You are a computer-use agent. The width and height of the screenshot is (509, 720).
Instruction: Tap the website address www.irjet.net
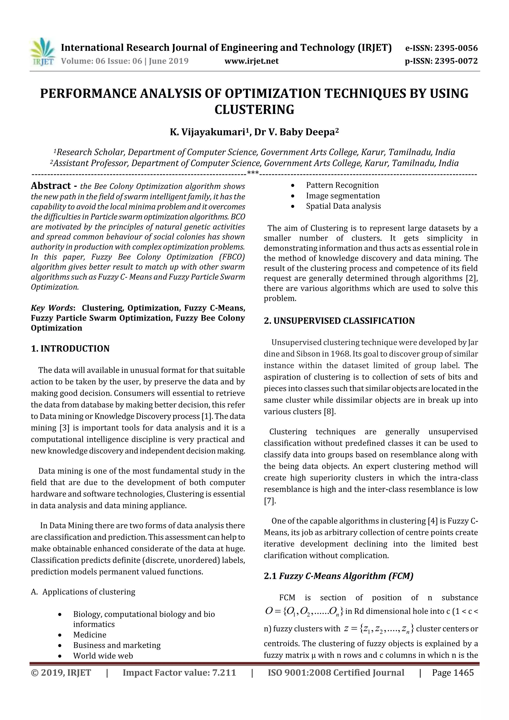(252, 61)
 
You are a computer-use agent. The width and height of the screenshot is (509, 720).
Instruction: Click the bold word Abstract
(51, 186)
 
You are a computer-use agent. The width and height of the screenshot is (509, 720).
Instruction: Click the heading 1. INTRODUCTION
(70, 349)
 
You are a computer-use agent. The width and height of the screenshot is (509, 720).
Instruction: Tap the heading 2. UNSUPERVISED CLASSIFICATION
(339, 321)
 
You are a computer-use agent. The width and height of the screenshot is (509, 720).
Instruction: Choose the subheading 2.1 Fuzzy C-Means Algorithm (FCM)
(339, 576)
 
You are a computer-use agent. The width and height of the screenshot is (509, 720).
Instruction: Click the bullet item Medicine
(90, 635)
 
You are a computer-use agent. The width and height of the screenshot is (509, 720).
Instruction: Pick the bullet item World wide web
(103, 656)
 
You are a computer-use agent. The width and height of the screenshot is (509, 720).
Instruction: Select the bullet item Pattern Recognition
(342, 185)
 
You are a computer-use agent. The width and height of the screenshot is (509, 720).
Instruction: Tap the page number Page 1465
(453, 673)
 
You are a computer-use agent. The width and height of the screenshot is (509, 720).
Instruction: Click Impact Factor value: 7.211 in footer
(179, 673)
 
